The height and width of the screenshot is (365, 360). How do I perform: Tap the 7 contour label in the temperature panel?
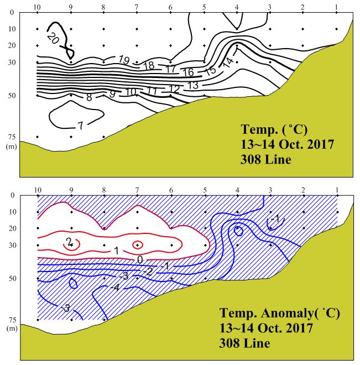[80, 126]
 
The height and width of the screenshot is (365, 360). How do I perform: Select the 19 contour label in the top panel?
[124, 60]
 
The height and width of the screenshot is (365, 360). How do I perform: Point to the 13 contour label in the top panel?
[192, 85]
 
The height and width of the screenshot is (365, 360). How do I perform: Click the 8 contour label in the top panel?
[89, 97]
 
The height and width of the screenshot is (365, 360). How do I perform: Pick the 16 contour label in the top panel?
[188, 72]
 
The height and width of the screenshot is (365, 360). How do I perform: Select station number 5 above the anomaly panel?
[204, 190]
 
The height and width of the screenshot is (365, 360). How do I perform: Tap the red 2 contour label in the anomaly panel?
[69, 242]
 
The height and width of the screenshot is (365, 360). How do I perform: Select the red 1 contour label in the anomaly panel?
[116, 251]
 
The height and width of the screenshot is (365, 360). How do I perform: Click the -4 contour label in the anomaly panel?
[114, 288]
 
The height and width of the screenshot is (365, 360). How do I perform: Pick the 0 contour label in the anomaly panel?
[140, 260]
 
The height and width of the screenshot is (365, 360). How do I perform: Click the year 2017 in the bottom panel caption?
[301, 328]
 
